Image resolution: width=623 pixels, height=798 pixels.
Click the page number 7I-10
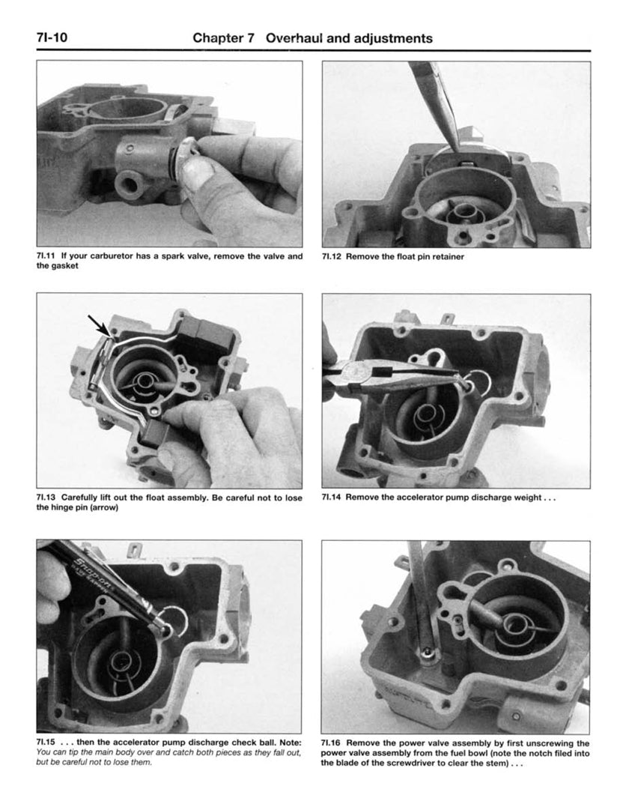point(52,37)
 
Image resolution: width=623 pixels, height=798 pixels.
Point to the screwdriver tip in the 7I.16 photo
point(426,653)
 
